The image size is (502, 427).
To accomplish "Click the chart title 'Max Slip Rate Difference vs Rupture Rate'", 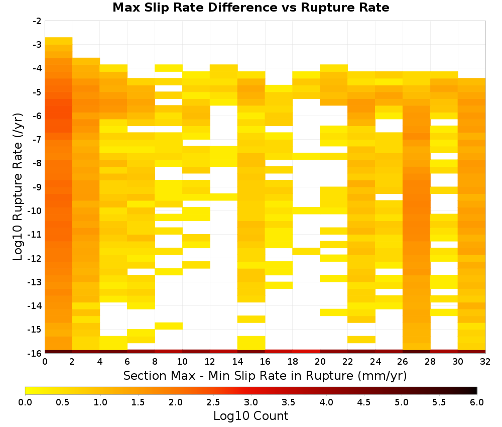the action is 251,7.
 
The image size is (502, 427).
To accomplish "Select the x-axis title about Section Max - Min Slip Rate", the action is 265,375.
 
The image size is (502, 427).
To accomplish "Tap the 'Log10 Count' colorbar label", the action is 251,416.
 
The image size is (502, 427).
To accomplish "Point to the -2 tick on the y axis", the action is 37,21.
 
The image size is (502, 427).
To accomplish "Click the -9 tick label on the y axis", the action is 37,187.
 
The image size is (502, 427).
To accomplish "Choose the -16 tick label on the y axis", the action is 35,353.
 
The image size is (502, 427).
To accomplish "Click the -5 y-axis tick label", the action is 37,92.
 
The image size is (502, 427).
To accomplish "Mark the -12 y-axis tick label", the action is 35,258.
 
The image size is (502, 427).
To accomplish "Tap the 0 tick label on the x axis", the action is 45,362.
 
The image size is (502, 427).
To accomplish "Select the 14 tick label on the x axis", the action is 237,362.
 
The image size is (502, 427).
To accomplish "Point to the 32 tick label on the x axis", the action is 485,362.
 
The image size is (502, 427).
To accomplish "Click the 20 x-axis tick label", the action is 320,362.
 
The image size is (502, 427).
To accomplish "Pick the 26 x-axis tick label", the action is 403,362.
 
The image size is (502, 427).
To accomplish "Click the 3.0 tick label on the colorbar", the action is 251,402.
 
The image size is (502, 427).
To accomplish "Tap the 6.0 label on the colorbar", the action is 477,402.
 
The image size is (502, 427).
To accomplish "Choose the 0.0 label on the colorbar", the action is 25,402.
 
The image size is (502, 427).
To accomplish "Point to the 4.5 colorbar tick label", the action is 364,402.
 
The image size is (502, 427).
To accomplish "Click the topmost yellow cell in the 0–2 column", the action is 59,41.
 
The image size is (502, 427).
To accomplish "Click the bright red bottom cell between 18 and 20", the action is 306,352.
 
